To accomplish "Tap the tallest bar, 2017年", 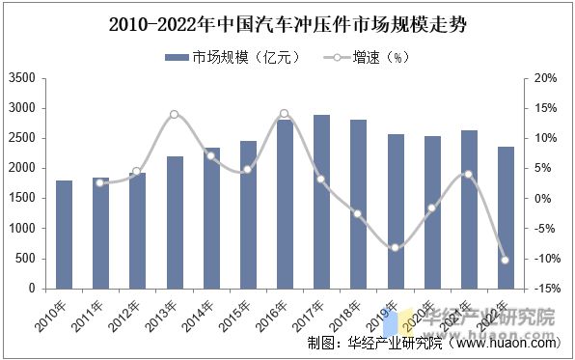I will [x=321, y=202].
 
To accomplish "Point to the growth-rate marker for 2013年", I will [x=174, y=114].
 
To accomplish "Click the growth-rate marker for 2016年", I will [x=284, y=114].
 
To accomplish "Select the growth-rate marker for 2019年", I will [x=396, y=248].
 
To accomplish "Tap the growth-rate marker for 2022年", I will [x=506, y=260].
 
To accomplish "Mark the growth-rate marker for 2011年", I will [x=100, y=182].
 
